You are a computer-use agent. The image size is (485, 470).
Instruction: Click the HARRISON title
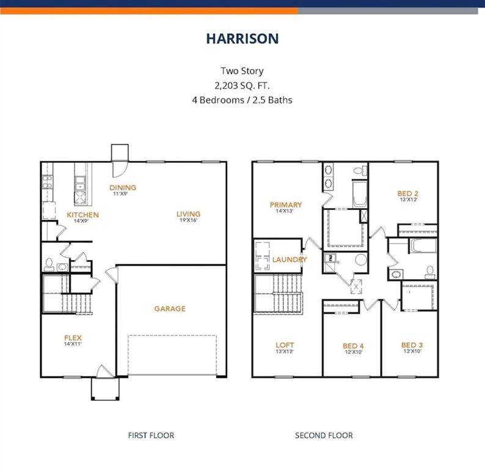pos(242,39)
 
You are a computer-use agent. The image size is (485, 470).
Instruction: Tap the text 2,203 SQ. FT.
pos(242,85)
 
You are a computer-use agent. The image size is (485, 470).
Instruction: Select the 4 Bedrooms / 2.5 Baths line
pos(242,99)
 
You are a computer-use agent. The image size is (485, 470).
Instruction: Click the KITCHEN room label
pos(82,215)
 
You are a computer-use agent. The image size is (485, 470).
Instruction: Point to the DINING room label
pos(123,188)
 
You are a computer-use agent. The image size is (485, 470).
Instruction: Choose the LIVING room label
pos(188,214)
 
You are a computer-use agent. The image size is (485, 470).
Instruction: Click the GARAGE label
pos(169,309)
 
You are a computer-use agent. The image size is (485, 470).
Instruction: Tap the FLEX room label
pos(73,338)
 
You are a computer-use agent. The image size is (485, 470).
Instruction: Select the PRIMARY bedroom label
pos(286,205)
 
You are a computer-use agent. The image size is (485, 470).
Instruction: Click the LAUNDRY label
pos(289,259)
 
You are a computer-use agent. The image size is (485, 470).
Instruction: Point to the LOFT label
pos(285,345)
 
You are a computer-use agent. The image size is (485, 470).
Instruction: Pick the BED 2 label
pos(407,193)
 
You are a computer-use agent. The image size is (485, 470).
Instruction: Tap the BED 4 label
pos(353,346)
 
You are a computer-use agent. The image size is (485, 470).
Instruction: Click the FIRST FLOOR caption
pos(151,436)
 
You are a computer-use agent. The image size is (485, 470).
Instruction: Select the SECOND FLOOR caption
pos(323,436)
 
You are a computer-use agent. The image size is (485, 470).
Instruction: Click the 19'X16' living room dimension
pos(188,220)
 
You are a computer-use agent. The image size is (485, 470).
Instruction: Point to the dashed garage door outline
pos(172,354)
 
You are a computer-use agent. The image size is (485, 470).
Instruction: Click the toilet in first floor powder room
pos(49,264)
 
